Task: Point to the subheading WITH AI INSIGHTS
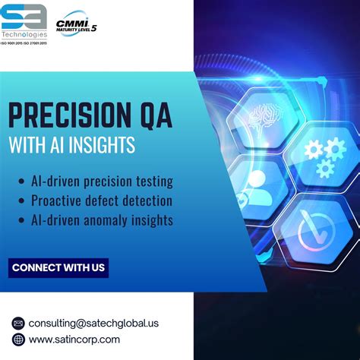(71, 144)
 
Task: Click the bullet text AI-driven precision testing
(103, 182)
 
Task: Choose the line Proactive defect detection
(102, 201)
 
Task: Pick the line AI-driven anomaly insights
(103, 220)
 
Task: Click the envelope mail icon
(18, 322)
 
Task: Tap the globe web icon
(18, 339)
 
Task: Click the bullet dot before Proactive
(23, 202)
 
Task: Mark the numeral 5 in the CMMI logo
(94, 28)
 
